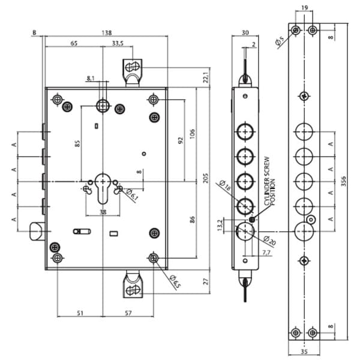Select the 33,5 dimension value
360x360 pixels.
[118, 44]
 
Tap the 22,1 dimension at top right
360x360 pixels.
[205, 77]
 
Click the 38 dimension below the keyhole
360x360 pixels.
[103, 212]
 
